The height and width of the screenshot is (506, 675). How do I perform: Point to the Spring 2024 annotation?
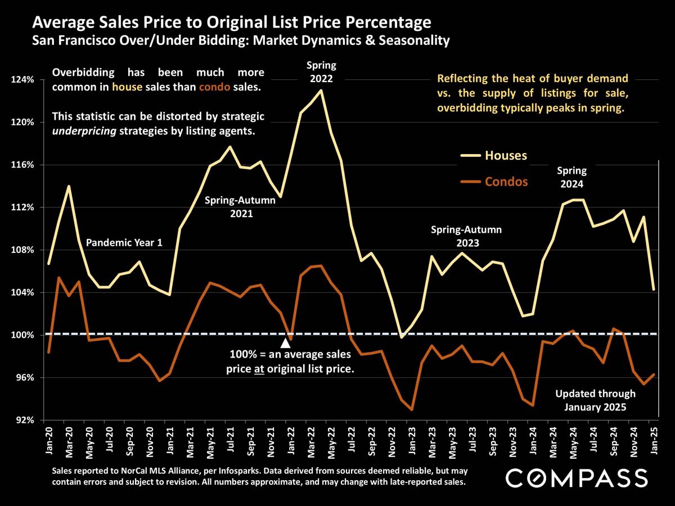click(x=571, y=177)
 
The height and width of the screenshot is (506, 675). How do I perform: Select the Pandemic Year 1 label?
click(x=124, y=243)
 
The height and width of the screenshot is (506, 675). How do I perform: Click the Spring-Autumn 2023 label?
click(x=466, y=236)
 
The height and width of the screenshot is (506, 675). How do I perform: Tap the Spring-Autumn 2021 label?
click(x=236, y=207)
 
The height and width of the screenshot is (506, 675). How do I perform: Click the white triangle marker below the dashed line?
click(x=286, y=343)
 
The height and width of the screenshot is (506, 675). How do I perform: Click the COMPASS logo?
click(x=577, y=478)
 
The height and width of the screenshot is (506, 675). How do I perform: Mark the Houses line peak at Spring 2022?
click(x=321, y=90)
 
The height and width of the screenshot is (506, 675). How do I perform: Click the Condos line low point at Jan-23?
click(x=412, y=410)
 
